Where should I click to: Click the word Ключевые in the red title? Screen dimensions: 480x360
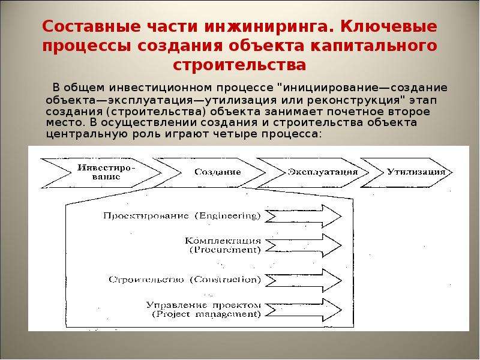point(388,26)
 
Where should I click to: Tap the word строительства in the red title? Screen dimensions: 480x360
point(239,65)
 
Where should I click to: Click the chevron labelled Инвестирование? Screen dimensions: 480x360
point(101,173)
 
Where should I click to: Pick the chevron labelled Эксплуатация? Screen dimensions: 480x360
point(316,173)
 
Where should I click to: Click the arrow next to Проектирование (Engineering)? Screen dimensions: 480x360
point(303,217)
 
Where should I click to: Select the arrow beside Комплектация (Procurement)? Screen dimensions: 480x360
point(303,245)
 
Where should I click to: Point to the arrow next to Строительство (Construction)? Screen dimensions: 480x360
point(303,281)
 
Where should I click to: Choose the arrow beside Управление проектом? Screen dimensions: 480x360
point(303,310)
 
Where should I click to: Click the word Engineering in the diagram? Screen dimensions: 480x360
point(228,216)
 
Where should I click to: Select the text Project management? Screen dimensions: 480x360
point(206,314)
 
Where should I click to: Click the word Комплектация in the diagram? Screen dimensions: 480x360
point(223,241)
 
